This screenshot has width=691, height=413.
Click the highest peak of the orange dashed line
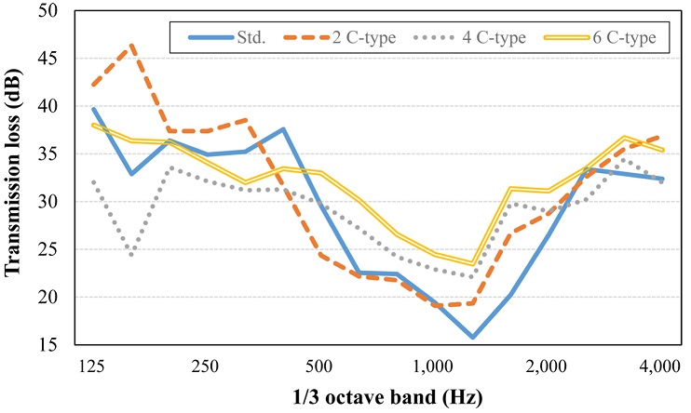[x=132, y=45]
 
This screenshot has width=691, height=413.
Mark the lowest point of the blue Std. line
[x=472, y=337]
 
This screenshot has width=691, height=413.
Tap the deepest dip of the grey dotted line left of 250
[x=132, y=254]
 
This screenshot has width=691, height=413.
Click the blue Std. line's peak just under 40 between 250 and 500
[x=283, y=129]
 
